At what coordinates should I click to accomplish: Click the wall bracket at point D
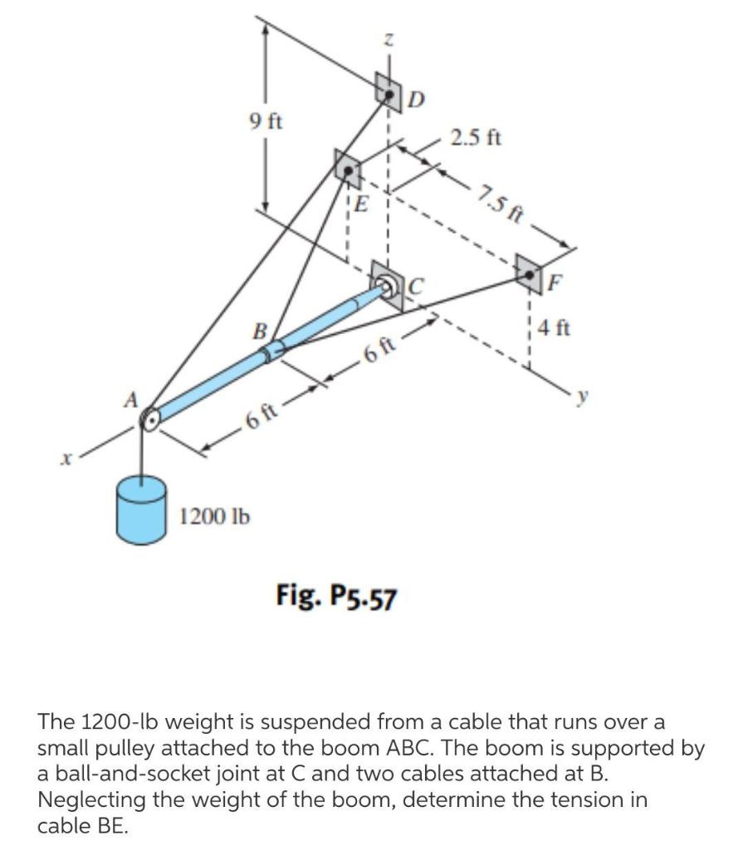tap(388, 90)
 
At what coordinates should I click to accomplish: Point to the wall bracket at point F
tap(528, 268)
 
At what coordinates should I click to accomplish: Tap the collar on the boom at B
tap(273, 352)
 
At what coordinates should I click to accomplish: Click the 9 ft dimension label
tap(266, 121)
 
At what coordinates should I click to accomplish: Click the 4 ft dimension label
tap(553, 327)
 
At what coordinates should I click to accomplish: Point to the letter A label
tap(130, 398)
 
